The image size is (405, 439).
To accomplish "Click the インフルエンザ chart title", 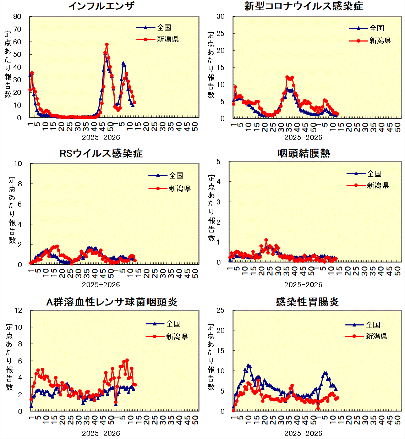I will click(x=101, y=6).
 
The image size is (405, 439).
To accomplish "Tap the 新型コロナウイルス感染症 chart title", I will click(x=303, y=6).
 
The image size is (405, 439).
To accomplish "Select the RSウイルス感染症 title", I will click(x=101, y=153).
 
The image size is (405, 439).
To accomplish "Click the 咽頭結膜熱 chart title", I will click(x=304, y=153).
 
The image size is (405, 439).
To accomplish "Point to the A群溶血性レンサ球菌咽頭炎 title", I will click(x=112, y=302).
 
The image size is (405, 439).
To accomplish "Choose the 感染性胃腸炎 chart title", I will click(x=307, y=302).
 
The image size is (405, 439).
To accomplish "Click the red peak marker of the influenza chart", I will click(x=107, y=45).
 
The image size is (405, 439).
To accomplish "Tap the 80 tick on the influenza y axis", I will click(x=17, y=16).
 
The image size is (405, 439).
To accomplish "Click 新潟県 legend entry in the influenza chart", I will click(x=168, y=39).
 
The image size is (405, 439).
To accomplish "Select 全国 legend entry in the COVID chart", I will click(x=377, y=28).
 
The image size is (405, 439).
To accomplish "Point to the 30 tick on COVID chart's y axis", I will click(x=220, y=16).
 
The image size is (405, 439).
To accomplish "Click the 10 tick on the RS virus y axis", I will click(x=18, y=164).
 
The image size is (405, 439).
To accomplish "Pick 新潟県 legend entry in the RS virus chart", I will click(x=180, y=188).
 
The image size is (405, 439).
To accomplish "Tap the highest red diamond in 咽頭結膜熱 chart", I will click(x=266, y=240).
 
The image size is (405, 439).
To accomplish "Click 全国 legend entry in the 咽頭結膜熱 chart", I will click(x=374, y=174).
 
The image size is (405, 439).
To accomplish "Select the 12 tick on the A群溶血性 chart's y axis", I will click(x=18, y=310).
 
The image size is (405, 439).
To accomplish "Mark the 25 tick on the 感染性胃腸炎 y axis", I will click(x=220, y=310).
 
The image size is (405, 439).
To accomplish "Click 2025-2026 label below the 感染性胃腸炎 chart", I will click(x=303, y=433).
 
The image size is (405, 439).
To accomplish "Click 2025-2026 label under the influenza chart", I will click(x=101, y=137).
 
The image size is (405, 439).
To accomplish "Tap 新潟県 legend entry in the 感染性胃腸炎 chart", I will click(x=376, y=336).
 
